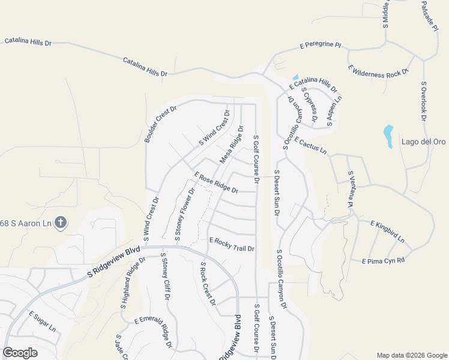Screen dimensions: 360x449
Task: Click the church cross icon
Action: coord(60,223)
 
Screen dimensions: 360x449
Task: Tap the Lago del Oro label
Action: coord(416,142)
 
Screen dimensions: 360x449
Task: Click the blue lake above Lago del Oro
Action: coord(388,135)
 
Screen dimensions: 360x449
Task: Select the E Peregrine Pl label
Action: coord(320,45)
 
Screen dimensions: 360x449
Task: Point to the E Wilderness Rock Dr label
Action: coord(378,73)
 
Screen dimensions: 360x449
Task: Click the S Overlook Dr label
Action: coord(423,100)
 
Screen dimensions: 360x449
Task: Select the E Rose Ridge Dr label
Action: coord(216,182)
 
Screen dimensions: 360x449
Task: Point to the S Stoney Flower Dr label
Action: coord(185,215)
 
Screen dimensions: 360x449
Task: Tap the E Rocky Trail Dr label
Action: coord(232,244)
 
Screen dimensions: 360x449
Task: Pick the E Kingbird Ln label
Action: coord(387,231)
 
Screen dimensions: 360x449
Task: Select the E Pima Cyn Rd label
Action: coord(384,261)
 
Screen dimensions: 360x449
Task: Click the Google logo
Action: coord(20,352)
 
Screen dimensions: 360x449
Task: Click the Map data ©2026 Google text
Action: coord(411,355)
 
